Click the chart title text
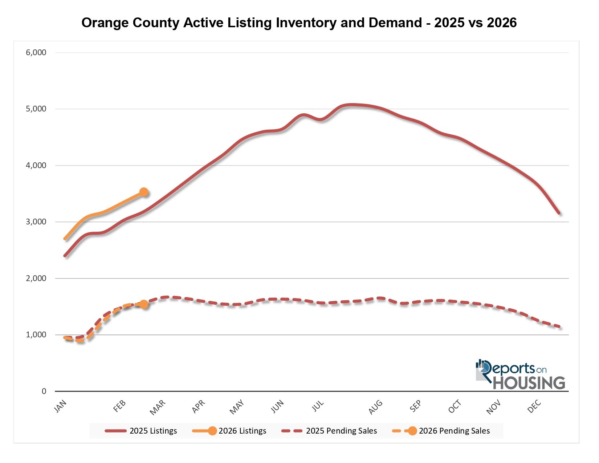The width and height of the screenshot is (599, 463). pyautogui.click(x=299, y=23)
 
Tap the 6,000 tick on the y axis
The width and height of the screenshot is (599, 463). pyautogui.click(x=36, y=52)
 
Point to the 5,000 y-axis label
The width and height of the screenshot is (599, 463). pyautogui.click(x=36, y=109)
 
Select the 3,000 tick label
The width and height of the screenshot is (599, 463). pyautogui.click(x=36, y=222)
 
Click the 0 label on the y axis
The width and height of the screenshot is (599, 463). pyautogui.click(x=44, y=391)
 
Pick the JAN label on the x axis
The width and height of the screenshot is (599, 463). pyautogui.click(x=61, y=406)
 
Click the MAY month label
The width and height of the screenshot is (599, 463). pyautogui.click(x=237, y=407)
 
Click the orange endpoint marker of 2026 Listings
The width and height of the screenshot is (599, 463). pyautogui.click(x=144, y=192)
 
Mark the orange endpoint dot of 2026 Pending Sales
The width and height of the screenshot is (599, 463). pyautogui.click(x=144, y=304)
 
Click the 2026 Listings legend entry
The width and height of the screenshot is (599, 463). pyautogui.click(x=230, y=431)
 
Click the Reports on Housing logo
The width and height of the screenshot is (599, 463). pyautogui.click(x=520, y=375)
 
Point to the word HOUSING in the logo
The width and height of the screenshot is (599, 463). pyautogui.click(x=529, y=383)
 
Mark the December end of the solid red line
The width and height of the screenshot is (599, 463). pyautogui.click(x=559, y=213)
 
